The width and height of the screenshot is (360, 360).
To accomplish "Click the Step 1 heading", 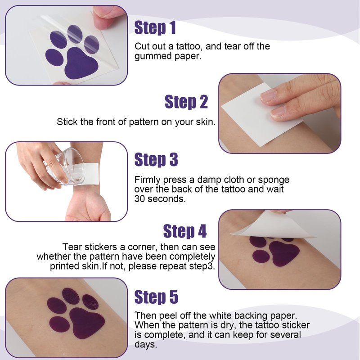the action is click(155, 28).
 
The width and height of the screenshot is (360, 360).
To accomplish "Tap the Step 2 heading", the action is click(186, 102).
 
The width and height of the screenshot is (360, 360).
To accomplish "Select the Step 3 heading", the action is click(156, 160).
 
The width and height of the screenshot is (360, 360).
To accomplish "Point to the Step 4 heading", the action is click(185, 231).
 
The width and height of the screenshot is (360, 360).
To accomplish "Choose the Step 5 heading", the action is click(156, 297).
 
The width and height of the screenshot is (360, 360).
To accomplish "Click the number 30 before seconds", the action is click(139, 199).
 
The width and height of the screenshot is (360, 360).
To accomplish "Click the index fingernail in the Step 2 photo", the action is click(268, 95).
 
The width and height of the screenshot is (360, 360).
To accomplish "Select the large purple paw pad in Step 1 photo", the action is click(81, 63).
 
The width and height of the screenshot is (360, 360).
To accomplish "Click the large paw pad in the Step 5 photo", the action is click(86, 323).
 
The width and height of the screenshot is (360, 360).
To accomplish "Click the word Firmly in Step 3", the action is click(148, 180).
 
